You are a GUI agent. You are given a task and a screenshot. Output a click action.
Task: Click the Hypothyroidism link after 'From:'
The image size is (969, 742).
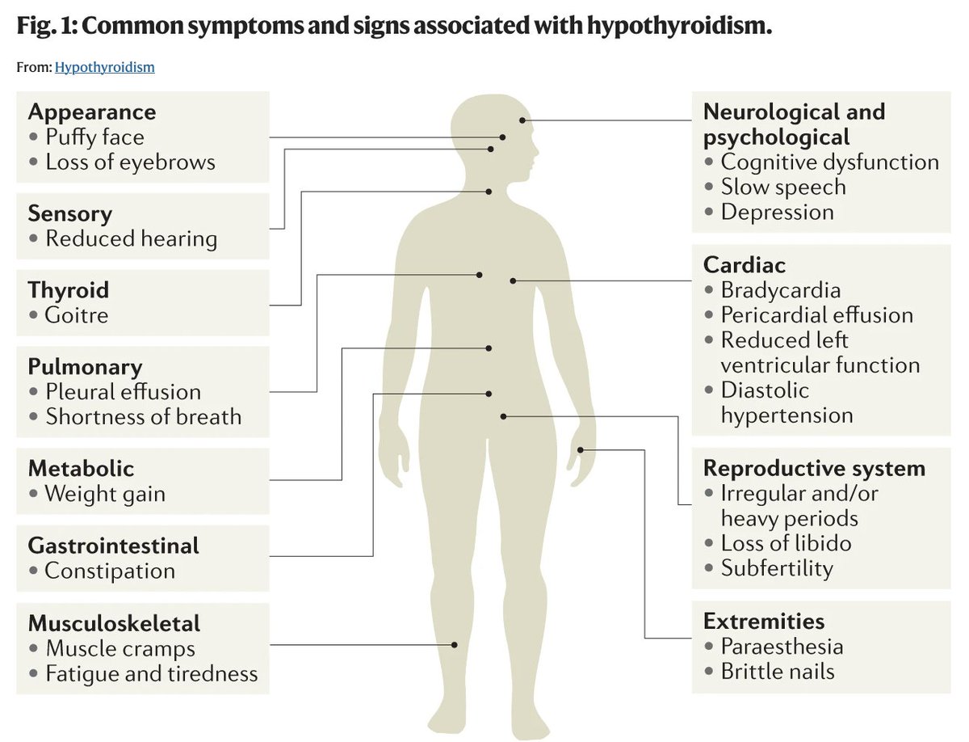105,67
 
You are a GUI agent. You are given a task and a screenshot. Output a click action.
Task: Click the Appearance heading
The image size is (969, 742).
92,112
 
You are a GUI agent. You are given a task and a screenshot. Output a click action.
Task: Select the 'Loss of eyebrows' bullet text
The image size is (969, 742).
130,162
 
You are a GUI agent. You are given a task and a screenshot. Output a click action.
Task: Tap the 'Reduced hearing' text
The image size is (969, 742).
131,238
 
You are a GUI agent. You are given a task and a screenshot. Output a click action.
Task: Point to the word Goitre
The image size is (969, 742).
77,315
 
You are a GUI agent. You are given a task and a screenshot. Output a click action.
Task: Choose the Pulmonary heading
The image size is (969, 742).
86,367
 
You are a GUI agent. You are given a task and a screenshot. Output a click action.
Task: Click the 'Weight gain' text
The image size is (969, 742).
105,494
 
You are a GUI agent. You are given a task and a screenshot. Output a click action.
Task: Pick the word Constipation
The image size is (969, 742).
110,571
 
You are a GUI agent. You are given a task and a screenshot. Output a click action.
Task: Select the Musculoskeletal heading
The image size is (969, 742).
114,623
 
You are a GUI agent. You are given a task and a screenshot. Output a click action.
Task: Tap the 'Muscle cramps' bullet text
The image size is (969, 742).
120,648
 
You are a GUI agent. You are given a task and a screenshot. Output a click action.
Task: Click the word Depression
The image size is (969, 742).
778,212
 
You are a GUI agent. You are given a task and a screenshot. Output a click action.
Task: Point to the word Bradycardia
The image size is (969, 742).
781,290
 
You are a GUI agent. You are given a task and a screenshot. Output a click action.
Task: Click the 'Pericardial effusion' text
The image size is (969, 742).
816,315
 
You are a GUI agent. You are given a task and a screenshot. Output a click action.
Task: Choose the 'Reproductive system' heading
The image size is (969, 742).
814,468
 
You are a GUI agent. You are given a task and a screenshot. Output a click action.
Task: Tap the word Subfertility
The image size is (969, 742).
777,568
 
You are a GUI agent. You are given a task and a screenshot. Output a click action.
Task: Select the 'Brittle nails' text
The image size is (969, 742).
778,672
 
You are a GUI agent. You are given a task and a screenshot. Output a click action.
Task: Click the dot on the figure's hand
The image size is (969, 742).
581,450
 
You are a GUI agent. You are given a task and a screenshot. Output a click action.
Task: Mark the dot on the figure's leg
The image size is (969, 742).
455,645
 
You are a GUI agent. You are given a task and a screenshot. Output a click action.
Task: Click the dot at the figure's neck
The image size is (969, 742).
489,192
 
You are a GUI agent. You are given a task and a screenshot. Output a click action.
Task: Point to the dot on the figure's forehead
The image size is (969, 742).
522,120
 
